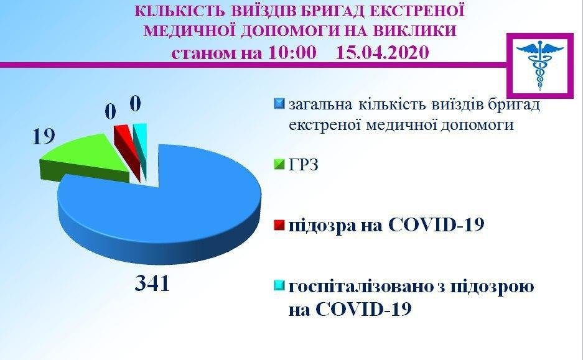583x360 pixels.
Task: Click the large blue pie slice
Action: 160,208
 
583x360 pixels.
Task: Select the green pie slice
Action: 82,158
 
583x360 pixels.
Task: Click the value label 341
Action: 152,284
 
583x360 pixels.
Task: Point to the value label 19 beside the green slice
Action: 44,137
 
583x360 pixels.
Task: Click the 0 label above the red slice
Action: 110,112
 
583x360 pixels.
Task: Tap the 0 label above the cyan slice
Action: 136,104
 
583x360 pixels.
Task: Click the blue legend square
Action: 279,104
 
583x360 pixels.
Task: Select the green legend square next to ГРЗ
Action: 279,164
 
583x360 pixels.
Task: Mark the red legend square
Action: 279,225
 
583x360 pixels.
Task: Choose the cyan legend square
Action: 279,285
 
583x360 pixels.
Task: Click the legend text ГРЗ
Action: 304,165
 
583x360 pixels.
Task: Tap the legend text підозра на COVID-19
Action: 386,225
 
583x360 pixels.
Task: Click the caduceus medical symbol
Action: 540,65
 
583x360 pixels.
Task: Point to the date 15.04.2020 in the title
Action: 383,52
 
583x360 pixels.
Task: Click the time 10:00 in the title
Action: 292,52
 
